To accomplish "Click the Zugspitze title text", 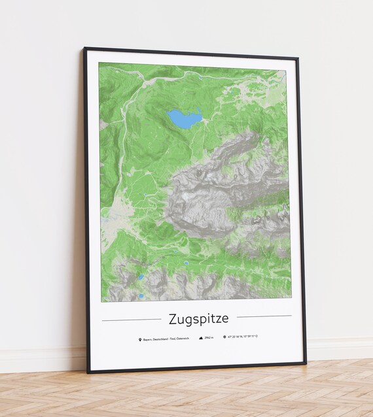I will point(199,319).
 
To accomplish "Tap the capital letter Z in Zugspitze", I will point(173,318).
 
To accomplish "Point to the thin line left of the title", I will point(132,320).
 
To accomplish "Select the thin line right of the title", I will point(264,316).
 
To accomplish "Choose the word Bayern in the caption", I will point(147,339).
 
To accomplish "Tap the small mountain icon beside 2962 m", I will point(200,338).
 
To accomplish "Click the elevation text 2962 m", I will point(209,338).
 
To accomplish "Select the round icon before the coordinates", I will point(224,337).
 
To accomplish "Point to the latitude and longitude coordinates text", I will point(243,337).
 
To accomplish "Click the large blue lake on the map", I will point(185,119).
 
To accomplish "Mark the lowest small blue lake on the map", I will point(141,296).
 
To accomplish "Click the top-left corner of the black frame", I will point(84,48).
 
